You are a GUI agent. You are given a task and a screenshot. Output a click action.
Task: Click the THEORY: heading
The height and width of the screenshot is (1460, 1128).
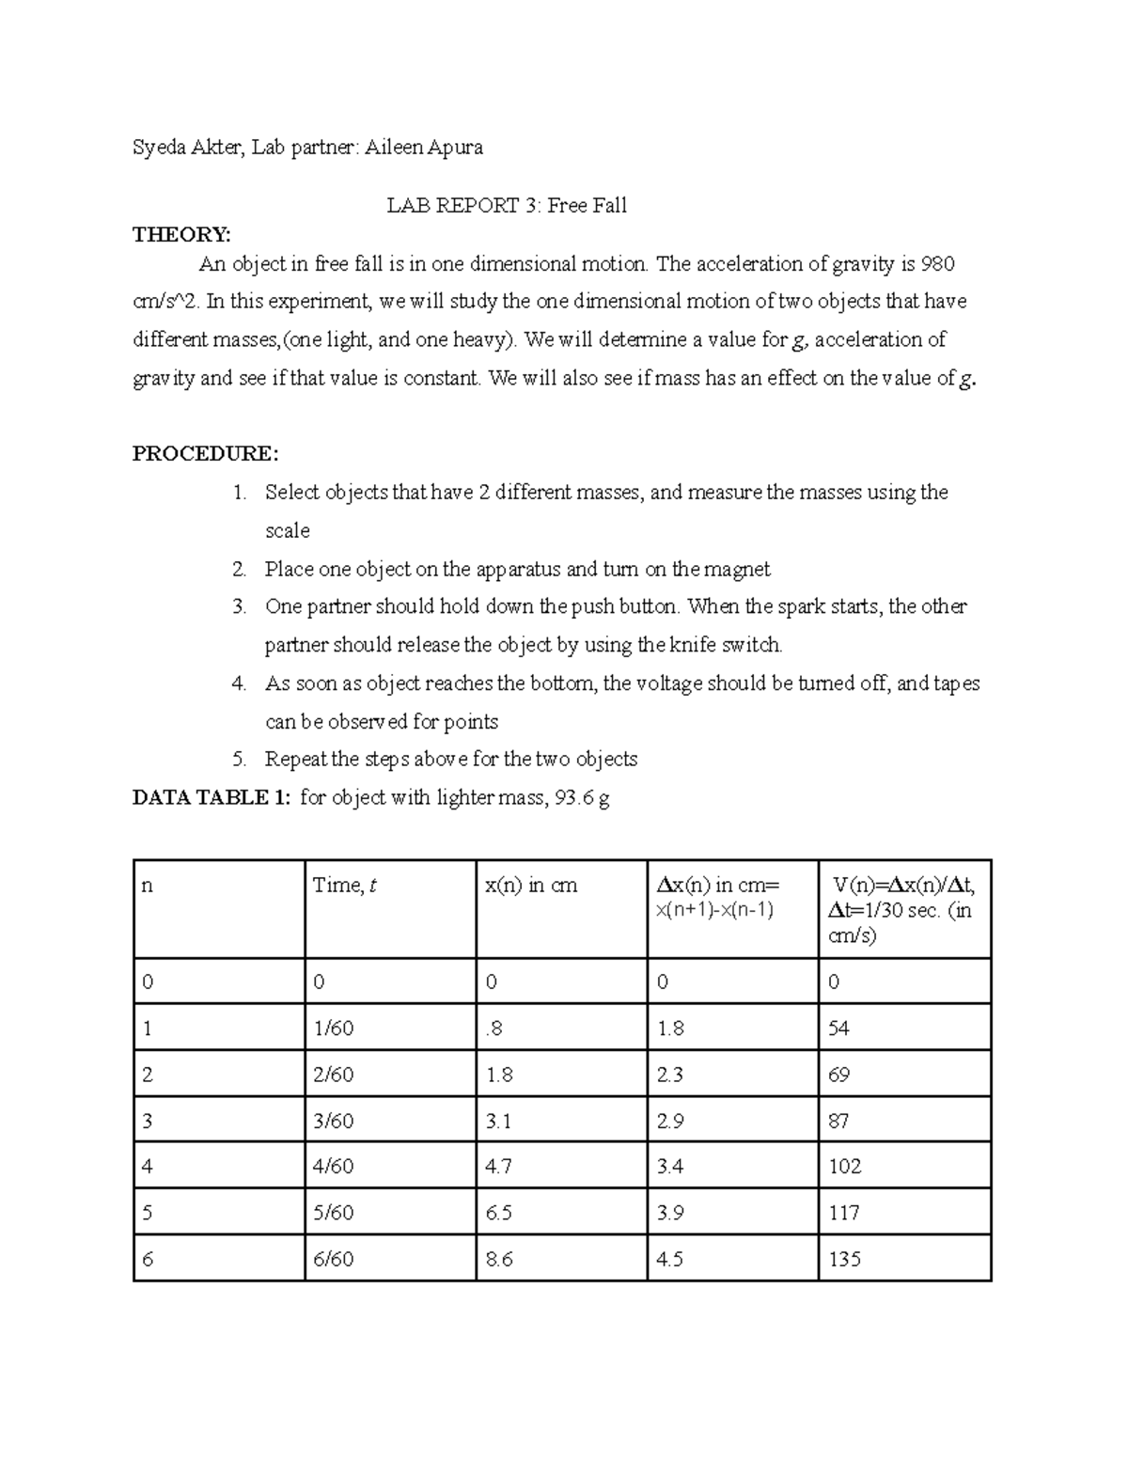pyautogui.click(x=180, y=235)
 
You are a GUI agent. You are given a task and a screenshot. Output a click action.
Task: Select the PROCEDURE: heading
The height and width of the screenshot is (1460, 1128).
pyautogui.click(x=205, y=454)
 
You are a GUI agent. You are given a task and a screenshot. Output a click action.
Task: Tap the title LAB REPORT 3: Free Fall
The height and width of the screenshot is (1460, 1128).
pyautogui.click(x=507, y=206)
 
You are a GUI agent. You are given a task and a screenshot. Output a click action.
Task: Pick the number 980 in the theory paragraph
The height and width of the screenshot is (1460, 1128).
pyautogui.click(x=938, y=264)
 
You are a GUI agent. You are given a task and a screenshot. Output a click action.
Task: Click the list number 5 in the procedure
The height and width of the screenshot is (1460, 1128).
pyautogui.click(x=239, y=760)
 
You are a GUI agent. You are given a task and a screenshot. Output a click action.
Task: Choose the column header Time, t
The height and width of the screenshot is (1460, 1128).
pyautogui.click(x=345, y=886)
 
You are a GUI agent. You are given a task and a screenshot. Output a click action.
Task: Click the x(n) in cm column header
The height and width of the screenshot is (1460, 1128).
pyautogui.click(x=531, y=886)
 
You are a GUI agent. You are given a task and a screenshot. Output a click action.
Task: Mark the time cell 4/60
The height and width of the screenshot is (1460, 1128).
pyautogui.click(x=333, y=1167)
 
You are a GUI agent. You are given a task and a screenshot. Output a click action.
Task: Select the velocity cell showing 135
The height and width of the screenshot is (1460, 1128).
pyautogui.click(x=844, y=1260)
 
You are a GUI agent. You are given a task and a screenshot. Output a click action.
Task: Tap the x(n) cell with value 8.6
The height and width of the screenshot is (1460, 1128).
pyautogui.click(x=499, y=1260)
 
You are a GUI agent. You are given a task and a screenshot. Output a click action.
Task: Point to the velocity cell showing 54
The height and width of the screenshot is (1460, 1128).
pyautogui.click(x=838, y=1028)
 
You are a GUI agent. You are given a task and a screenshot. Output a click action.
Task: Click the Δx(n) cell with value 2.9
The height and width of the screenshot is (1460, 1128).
pyautogui.click(x=670, y=1121)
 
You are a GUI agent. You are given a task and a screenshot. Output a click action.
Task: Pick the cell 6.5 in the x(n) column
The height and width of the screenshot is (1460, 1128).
pyautogui.click(x=499, y=1213)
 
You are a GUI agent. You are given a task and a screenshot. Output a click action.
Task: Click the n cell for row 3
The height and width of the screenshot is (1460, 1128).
pyautogui.click(x=147, y=1121)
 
